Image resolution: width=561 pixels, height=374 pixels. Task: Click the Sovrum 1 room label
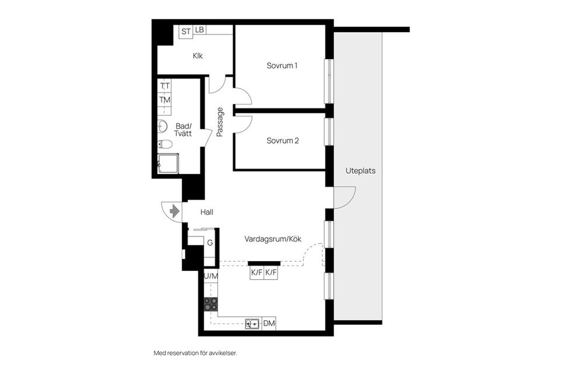pos(282,66)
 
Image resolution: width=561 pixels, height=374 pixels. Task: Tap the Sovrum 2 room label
pos(282,141)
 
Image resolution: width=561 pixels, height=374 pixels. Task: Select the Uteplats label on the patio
pos(361,171)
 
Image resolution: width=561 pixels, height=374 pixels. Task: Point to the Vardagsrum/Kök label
pos(273,239)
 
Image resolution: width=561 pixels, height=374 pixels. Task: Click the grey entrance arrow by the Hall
pos(174,211)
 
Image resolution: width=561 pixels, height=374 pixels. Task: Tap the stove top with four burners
pos(211,304)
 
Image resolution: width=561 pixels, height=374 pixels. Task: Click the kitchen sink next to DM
pos(252,324)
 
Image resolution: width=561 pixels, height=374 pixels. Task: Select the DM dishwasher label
pos(269,324)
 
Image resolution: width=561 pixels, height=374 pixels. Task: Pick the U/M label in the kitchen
pos(211,276)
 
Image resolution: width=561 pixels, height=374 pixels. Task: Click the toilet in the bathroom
pos(165,144)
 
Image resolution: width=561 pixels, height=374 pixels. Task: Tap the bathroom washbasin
pos(162,126)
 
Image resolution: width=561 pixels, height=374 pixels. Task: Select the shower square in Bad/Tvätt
pos(168,164)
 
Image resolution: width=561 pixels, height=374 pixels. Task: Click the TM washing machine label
pos(165,100)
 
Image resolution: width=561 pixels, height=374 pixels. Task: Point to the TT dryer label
pos(165,86)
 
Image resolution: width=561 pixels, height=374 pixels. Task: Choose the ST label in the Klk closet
pos(186,32)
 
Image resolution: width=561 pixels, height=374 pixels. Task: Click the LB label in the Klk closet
pos(200,30)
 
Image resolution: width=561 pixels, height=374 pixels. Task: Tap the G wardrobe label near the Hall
pos(210,243)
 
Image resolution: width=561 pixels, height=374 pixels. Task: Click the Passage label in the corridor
pos(220,122)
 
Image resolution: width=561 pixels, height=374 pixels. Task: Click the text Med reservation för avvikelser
pos(195,354)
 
